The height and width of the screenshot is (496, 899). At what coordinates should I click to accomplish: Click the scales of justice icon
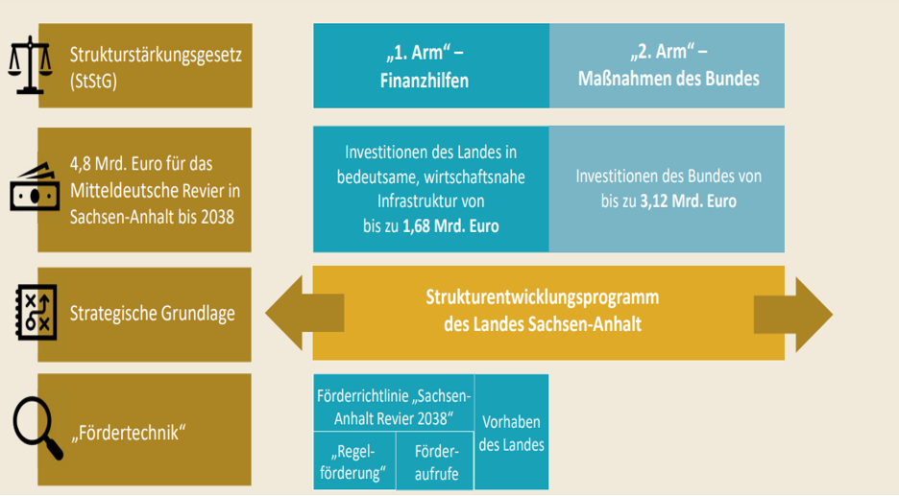31,64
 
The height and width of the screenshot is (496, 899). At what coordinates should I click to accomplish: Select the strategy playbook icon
36,312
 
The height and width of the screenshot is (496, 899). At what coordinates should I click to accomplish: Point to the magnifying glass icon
37,427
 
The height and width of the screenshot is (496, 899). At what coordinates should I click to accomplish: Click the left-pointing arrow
304,313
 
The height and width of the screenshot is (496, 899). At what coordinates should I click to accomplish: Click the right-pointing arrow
793,314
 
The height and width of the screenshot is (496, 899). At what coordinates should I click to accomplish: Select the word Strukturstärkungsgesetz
156,56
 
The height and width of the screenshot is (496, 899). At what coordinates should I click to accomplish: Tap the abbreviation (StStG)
93,82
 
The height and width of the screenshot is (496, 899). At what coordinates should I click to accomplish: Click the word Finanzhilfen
425,81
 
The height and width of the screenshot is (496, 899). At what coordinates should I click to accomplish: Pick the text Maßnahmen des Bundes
668,79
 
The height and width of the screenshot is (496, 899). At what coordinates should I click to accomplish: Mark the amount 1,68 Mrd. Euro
450,226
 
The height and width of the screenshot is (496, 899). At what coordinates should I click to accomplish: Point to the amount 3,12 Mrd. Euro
689,201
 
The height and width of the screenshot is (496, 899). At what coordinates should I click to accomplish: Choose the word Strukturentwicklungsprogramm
543,297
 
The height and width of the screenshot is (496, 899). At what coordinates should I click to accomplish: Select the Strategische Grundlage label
153,314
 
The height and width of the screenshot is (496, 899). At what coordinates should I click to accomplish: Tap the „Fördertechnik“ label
129,433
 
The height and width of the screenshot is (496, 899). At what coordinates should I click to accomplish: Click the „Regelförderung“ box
354,461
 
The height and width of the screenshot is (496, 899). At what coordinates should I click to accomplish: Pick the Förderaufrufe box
436,461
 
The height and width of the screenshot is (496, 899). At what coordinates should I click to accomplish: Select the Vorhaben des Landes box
511,433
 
